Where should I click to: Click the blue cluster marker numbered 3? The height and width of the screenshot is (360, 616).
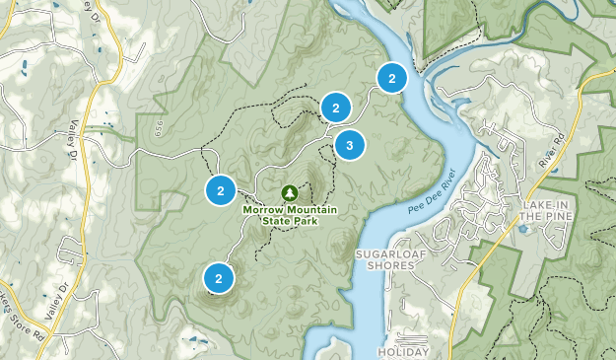348,146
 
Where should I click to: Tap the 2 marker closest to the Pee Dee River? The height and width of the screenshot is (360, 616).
391,78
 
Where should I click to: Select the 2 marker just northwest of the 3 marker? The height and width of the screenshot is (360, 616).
336,108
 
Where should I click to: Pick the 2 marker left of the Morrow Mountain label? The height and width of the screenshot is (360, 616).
221,190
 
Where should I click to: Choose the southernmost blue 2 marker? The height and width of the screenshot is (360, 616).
219,278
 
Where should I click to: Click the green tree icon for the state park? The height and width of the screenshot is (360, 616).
290,192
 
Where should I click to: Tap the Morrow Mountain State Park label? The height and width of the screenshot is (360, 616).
290,214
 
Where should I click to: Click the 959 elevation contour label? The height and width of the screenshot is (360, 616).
158,127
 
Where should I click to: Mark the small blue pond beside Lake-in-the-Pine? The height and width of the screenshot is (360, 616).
521,229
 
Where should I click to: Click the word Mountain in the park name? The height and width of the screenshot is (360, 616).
313,209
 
